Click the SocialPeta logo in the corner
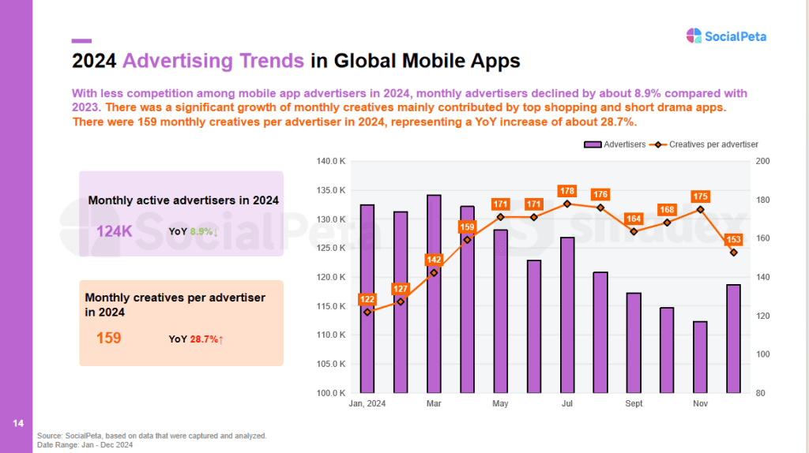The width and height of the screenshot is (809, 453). pyautogui.click(x=726, y=36)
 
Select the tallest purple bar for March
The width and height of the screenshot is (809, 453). pyautogui.click(x=434, y=294)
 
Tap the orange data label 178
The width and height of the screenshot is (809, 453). pyautogui.click(x=567, y=191)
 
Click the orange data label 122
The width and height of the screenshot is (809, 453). pyautogui.click(x=367, y=299)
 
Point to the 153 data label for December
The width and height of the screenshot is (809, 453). pyautogui.click(x=733, y=239)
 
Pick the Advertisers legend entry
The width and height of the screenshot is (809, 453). pyautogui.click(x=615, y=144)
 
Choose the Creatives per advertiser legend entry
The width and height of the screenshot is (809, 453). pyautogui.click(x=704, y=144)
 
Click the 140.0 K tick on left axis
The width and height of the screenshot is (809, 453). pyautogui.click(x=331, y=161)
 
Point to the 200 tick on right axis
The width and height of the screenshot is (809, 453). pyautogui.click(x=762, y=161)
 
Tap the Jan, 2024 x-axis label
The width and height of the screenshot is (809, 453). pyautogui.click(x=367, y=403)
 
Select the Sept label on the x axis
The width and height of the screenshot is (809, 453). pyautogui.click(x=634, y=403)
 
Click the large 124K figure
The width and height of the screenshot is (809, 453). pyautogui.click(x=114, y=231)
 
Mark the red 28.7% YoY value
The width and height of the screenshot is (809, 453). pyautogui.click(x=204, y=339)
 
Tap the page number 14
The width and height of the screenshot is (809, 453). pyautogui.click(x=18, y=423)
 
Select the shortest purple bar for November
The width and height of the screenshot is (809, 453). pyautogui.click(x=700, y=358)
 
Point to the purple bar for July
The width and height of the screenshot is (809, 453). pyautogui.click(x=567, y=316)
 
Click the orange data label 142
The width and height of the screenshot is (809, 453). pyautogui.click(x=434, y=260)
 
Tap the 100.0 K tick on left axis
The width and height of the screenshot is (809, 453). pyautogui.click(x=331, y=393)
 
